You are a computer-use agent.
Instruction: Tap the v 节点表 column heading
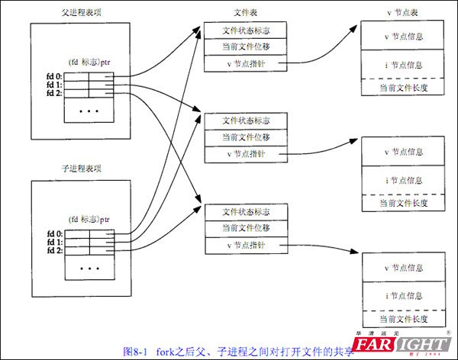tap(403, 13)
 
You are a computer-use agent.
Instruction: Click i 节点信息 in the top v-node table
tap(403, 64)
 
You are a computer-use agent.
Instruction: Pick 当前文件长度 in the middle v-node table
tap(403, 204)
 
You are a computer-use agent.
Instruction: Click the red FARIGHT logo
tap(405, 345)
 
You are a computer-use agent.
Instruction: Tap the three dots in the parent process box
tap(89, 111)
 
